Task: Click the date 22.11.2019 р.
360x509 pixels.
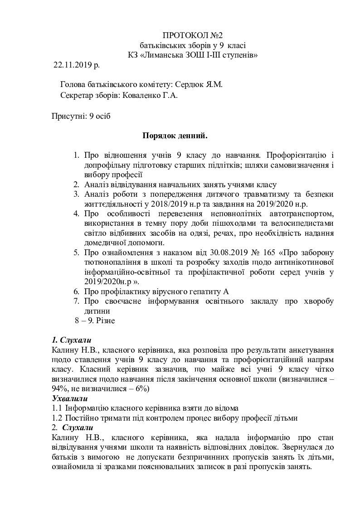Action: coord(77,65)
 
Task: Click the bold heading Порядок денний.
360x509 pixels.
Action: coord(175,135)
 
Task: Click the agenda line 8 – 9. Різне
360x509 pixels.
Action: coord(95,320)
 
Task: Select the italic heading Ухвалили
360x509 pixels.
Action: coord(70,398)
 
